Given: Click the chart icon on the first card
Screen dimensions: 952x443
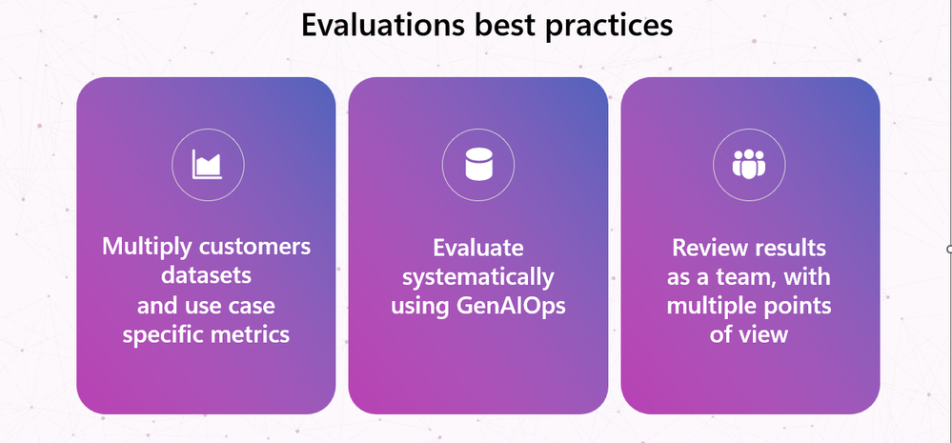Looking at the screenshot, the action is click(208, 165).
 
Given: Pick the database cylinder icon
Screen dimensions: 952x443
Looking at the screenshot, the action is click(477, 164).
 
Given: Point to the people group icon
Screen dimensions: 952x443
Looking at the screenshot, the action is click(749, 163).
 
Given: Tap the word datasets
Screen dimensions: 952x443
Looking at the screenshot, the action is click(206, 275).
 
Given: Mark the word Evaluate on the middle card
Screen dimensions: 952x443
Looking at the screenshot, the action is click(477, 247).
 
